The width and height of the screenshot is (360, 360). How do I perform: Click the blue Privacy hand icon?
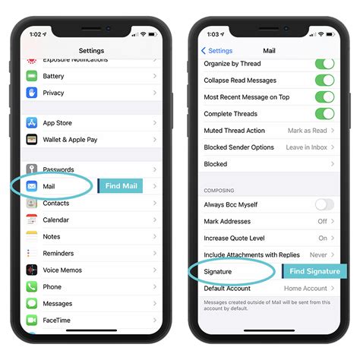click(x=32, y=93)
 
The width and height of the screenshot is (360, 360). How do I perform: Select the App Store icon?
click(x=32, y=122)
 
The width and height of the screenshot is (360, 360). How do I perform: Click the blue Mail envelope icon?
click(x=32, y=186)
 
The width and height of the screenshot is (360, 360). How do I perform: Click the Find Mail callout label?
click(x=120, y=186)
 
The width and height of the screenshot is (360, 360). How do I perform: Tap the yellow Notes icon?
click(x=32, y=236)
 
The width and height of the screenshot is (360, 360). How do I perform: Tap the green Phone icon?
click(x=32, y=286)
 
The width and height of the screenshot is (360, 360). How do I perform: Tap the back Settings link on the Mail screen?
click(x=216, y=51)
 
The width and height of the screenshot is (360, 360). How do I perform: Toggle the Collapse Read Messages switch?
click(x=324, y=81)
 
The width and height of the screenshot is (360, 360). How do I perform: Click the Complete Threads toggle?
click(x=324, y=114)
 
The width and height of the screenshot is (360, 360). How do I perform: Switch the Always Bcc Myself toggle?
click(x=324, y=204)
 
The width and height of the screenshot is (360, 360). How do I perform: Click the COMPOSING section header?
click(x=219, y=190)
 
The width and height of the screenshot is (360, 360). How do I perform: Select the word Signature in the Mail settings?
click(x=218, y=271)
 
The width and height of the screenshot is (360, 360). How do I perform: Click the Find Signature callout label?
click(x=314, y=271)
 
